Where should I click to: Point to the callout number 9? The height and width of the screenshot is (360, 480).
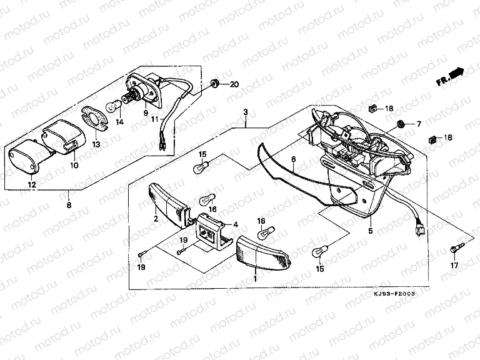(x=145, y=114)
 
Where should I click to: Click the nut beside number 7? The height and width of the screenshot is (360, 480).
(x=401, y=122)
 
